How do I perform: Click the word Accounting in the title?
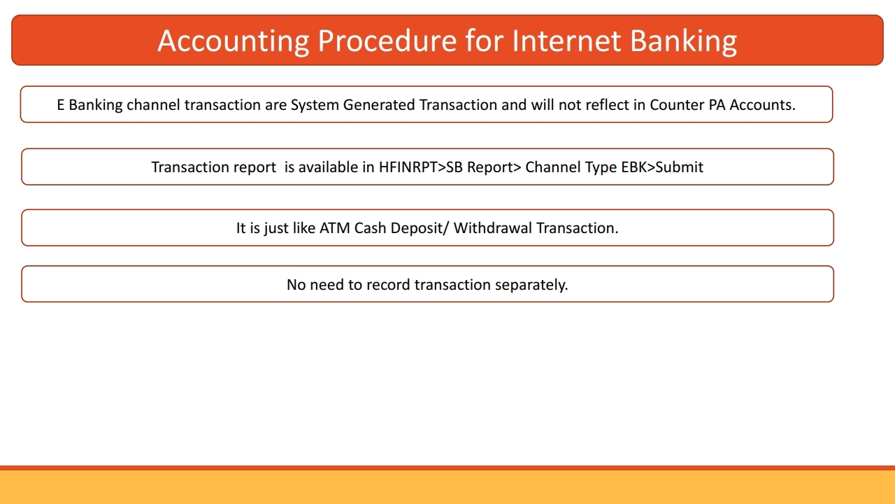pyautogui.click(x=233, y=41)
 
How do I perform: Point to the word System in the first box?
pyautogui.click(x=315, y=105)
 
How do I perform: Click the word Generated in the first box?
pyautogui.click(x=379, y=105)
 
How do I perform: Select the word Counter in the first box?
pyautogui.click(x=676, y=105)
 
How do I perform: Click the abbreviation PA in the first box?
pyautogui.click(x=717, y=105)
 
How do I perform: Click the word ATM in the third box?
pyautogui.click(x=335, y=228)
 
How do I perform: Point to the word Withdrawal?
pyautogui.click(x=493, y=228)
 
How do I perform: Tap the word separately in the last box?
pyautogui.click(x=531, y=285)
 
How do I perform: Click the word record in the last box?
pyautogui.click(x=388, y=285)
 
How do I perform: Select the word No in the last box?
pyautogui.click(x=296, y=285)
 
